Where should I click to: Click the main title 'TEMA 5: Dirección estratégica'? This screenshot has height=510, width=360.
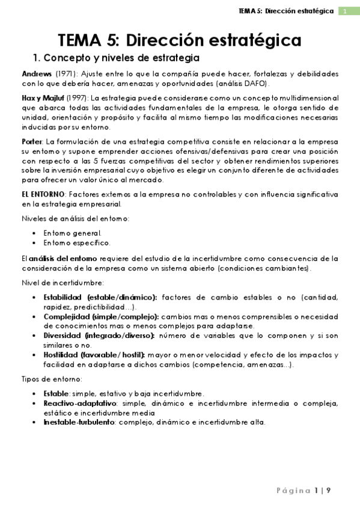pos(180,40)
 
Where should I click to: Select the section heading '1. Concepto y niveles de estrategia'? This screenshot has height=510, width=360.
pos(116,58)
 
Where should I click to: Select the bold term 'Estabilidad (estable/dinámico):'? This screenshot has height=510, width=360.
pos(100,298)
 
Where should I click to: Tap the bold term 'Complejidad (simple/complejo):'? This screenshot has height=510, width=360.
pos(101,316)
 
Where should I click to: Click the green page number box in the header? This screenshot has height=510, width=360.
pos(346,11)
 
